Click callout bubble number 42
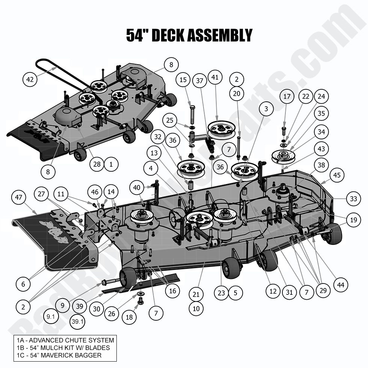[30, 79]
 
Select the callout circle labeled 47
[19, 198]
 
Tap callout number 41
[215, 78]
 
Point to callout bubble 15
[183, 80]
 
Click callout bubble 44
[341, 285]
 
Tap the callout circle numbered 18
[129, 317]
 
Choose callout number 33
[353, 199]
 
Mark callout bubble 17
[287, 97]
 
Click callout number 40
[137, 187]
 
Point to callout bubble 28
[97, 164]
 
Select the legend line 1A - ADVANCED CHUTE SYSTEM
[64, 340]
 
